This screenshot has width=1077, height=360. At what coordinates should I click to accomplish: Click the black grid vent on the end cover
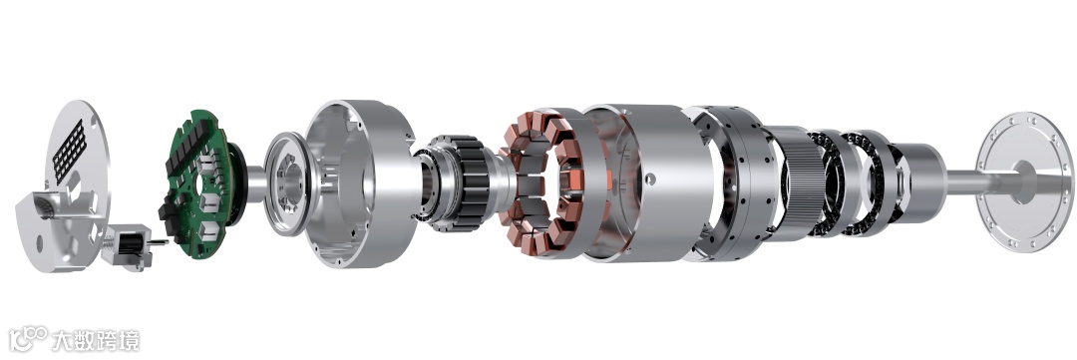pyautogui.click(x=70, y=151)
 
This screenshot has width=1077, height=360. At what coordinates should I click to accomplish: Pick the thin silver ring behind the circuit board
pyautogui.click(x=286, y=183)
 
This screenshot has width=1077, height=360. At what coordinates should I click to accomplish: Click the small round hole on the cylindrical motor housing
pyautogui.click(x=649, y=180)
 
